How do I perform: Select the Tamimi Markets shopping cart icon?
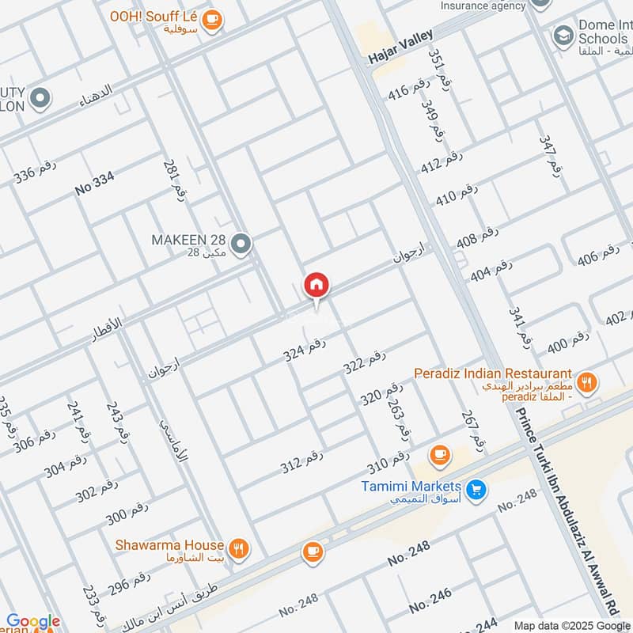coord(475,490)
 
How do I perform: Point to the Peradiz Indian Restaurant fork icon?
coord(586,383)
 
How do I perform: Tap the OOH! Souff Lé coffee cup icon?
coord(211,20)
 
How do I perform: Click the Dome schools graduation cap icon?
coord(563,35)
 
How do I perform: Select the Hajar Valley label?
coord(400,48)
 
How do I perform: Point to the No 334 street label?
coord(95,184)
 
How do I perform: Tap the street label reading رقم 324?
coord(305,349)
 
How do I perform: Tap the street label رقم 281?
coord(174,181)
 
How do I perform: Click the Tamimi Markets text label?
coord(411,485)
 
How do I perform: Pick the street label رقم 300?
coord(127,514)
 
